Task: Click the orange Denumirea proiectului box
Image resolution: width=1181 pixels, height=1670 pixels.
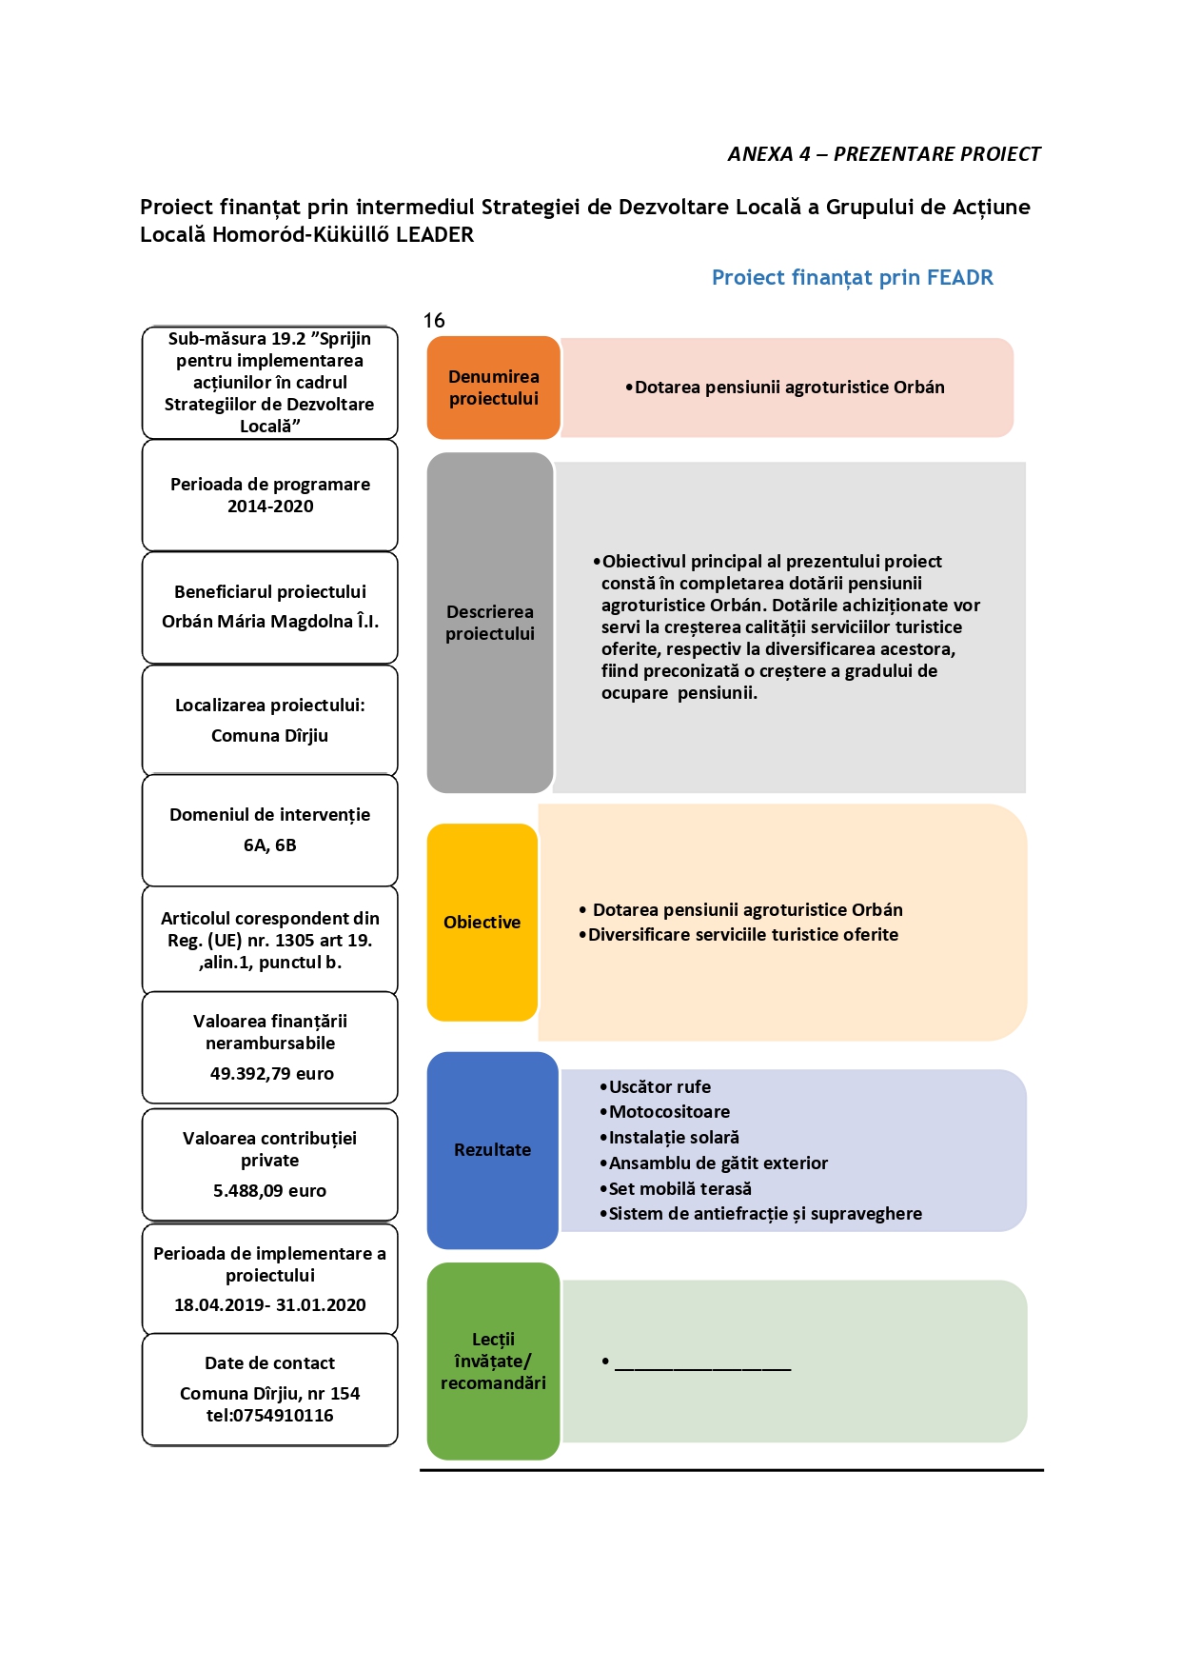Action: (x=493, y=388)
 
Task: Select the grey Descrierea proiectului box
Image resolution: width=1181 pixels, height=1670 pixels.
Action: (x=490, y=623)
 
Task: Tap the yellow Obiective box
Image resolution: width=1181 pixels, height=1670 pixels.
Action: (x=482, y=922)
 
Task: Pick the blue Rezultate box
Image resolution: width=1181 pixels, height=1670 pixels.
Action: (x=492, y=1150)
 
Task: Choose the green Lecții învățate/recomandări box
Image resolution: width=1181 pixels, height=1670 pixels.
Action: (x=493, y=1362)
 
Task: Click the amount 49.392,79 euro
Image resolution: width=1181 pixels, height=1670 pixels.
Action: (x=272, y=1074)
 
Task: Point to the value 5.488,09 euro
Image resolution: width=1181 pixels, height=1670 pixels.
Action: (x=269, y=1191)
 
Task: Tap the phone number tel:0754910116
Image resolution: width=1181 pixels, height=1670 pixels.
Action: (x=270, y=1416)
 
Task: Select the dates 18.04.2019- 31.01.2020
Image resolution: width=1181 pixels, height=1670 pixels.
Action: (x=270, y=1305)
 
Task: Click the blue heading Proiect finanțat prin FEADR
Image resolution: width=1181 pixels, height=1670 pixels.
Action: (x=853, y=278)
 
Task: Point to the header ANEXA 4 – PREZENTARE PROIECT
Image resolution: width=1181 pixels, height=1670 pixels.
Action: (x=884, y=154)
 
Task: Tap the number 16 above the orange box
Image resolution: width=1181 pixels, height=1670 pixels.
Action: (x=434, y=321)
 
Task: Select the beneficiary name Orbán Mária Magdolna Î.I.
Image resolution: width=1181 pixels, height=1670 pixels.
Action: (x=270, y=622)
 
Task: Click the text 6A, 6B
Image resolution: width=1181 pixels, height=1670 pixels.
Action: (x=270, y=845)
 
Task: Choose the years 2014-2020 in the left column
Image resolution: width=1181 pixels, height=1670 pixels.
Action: (x=270, y=507)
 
